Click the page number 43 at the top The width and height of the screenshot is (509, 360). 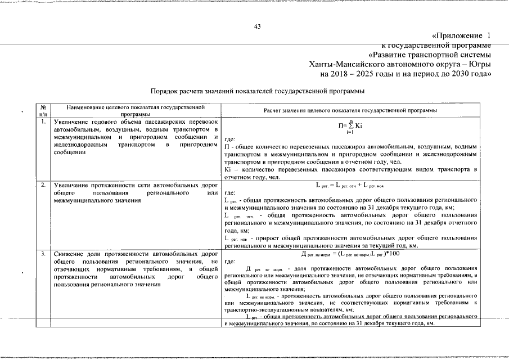pyautogui.click(x=257, y=26)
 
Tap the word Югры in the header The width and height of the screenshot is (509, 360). pyautogui.click(x=479, y=64)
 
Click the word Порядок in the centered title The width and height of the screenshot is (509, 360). pyautogui.click(x=166, y=91)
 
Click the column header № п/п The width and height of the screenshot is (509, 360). pyautogui.click(x=43, y=110)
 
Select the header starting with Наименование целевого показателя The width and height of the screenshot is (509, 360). pyautogui.click(x=134, y=110)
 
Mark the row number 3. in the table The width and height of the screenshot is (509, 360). pyautogui.click(x=43, y=254)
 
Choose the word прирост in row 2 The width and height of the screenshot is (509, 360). pyautogui.click(x=268, y=238)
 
